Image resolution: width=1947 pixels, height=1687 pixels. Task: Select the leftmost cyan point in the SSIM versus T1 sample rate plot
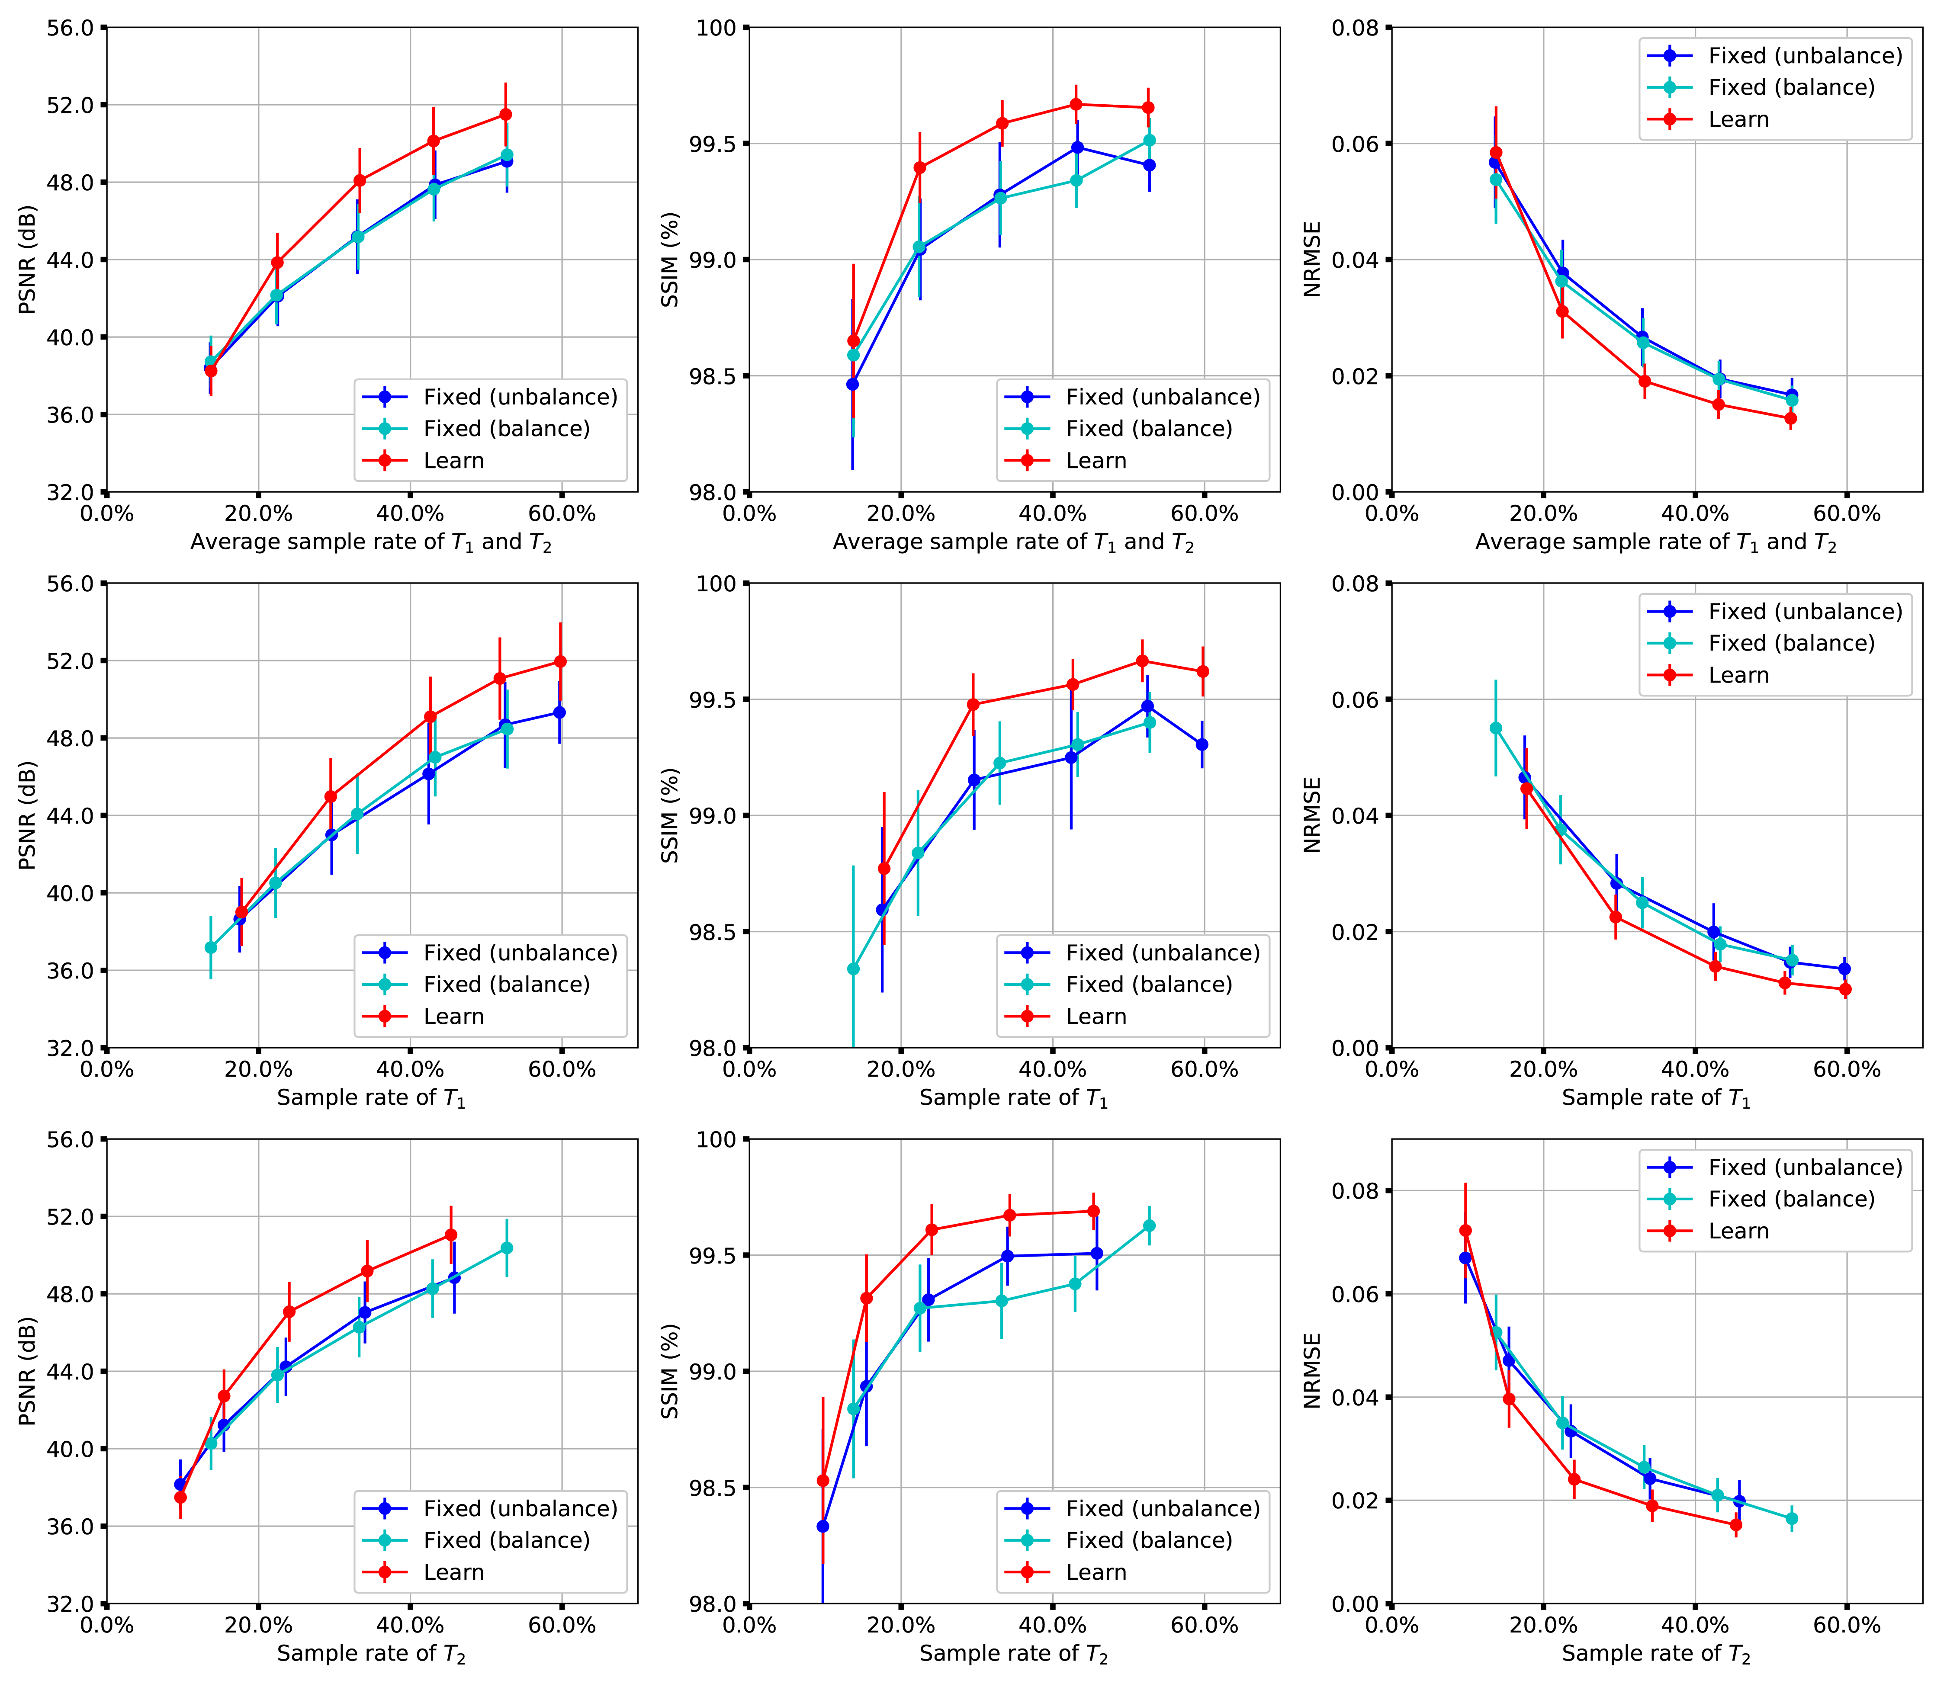853,969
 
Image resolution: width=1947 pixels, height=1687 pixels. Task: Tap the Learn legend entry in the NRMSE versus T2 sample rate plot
1738,1232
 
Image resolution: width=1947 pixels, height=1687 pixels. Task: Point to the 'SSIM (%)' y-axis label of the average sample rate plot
669,260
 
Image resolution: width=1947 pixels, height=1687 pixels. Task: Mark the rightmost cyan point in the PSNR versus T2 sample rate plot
507,1248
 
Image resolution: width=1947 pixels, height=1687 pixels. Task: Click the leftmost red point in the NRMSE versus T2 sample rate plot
1465,1230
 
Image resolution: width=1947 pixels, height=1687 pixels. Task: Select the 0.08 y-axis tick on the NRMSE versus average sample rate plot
1354,28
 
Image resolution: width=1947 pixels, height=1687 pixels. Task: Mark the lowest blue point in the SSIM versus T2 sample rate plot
822,1526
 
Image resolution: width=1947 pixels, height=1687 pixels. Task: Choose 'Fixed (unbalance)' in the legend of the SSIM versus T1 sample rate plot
1162,953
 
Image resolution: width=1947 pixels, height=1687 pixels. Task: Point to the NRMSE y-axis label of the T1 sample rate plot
1311,815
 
